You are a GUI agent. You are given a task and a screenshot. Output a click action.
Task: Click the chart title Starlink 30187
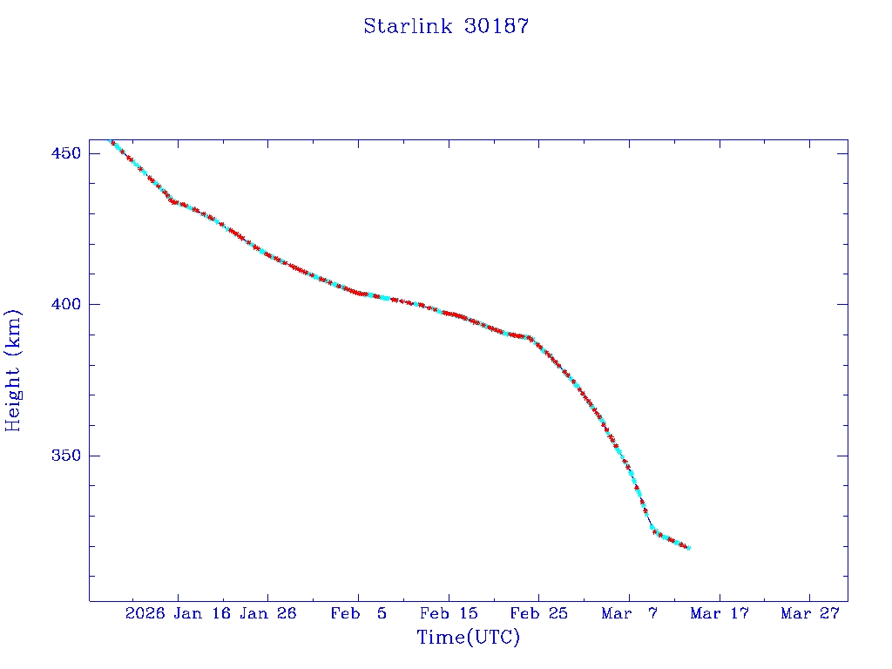tap(446, 26)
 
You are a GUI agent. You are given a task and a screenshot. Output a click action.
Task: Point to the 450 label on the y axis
tap(66, 153)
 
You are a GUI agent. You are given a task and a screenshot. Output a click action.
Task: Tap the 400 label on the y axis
tap(66, 304)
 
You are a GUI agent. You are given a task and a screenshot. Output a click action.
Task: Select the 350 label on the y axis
tap(66, 456)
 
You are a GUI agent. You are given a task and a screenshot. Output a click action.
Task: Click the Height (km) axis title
tap(13, 370)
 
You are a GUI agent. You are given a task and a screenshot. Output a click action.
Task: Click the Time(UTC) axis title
tap(469, 638)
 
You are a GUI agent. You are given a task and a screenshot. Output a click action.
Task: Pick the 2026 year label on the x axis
tap(145, 613)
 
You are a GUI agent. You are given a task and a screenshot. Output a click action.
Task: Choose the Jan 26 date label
tap(267, 613)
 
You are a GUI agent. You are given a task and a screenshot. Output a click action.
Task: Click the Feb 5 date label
tap(358, 613)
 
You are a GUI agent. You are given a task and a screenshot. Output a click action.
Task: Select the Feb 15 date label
tap(448, 613)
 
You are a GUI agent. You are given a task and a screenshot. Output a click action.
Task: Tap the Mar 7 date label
tap(629, 613)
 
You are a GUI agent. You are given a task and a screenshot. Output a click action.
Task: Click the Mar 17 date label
tap(719, 613)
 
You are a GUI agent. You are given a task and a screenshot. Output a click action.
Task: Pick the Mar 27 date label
tap(809, 613)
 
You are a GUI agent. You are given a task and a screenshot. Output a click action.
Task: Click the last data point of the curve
tap(688, 548)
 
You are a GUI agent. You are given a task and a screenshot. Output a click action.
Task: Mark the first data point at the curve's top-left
tap(111, 141)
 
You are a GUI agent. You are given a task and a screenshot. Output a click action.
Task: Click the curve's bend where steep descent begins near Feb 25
tap(530, 338)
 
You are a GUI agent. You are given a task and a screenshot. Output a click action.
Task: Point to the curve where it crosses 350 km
tap(625, 456)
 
